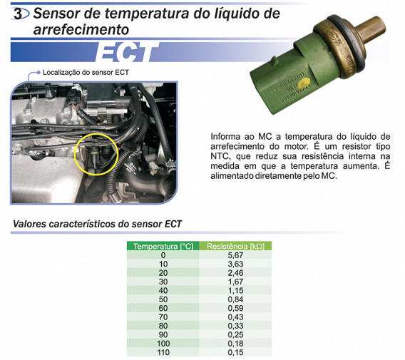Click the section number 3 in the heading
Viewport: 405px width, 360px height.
pos(18,14)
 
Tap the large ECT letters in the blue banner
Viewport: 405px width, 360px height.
pos(127,53)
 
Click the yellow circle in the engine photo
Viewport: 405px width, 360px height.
pos(96,155)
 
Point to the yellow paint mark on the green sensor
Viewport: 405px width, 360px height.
pos(303,85)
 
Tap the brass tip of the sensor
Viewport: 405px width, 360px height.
pos(371,29)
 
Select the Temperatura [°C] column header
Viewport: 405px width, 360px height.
pos(163,246)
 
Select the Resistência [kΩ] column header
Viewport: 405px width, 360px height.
pos(235,246)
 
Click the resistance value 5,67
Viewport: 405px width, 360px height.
pos(235,255)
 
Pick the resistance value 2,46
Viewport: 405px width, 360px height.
pos(235,273)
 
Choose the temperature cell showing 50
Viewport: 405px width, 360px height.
pos(163,299)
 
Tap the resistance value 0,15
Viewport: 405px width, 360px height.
pos(235,352)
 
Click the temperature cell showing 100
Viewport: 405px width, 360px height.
pos(163,344)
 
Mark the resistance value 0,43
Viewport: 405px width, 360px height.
pos(235,317)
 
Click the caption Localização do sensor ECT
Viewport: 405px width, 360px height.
pos(86,73)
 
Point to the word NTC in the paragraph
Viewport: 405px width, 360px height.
pos(220,156)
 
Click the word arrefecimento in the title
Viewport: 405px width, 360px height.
pos(81,30)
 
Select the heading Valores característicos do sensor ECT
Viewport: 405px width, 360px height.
pos(98,224)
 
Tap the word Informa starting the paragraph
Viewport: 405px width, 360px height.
pos(225,136)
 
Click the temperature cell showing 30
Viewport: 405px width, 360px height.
pos(163,282)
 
